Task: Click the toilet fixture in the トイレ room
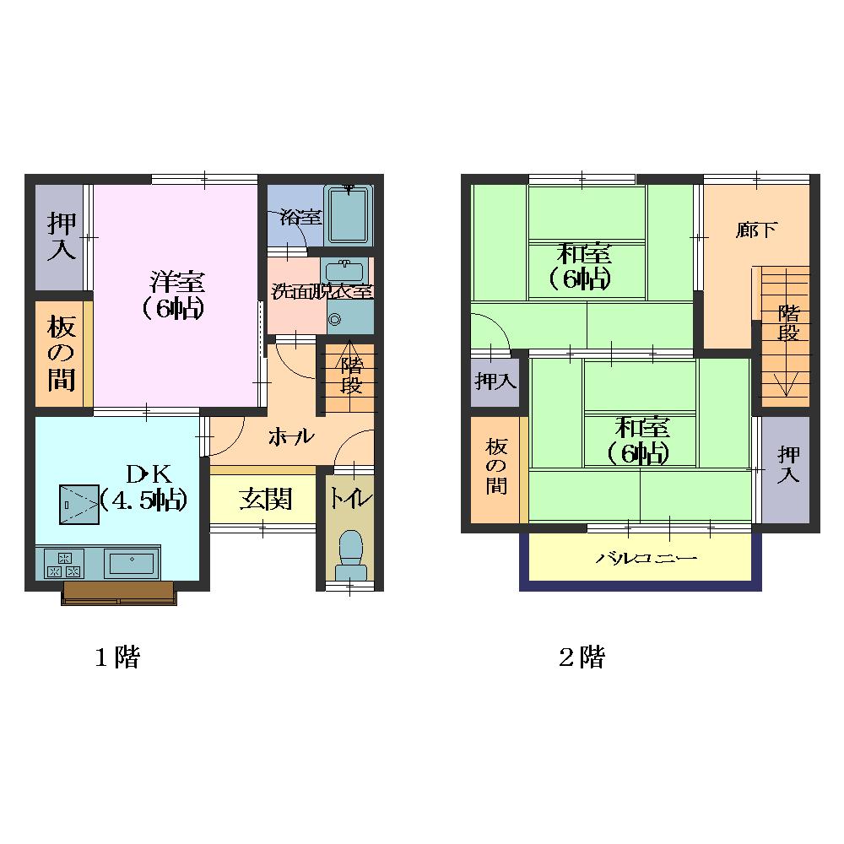tap(350, 555)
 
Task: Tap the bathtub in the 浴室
tap(349, 215)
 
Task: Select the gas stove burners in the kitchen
tap(64, 564)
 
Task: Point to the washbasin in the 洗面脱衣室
tap(344, 270)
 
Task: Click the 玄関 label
tap(266, 499)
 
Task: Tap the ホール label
tap(291, 436)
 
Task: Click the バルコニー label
tap(646, 558)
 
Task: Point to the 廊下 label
tap(756, 230)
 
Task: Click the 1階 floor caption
tap(117, 657)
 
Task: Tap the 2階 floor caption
tap(582, 657)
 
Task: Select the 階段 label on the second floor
tap(788, 322)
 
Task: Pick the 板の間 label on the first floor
tap(62, 353)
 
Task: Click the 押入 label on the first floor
tap(62, 236)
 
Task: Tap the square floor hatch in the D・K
tap(79, 505)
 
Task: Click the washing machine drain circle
tap(335, 320)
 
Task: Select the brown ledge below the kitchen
tap(118, 592)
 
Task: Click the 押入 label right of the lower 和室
tap(788, 464)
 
